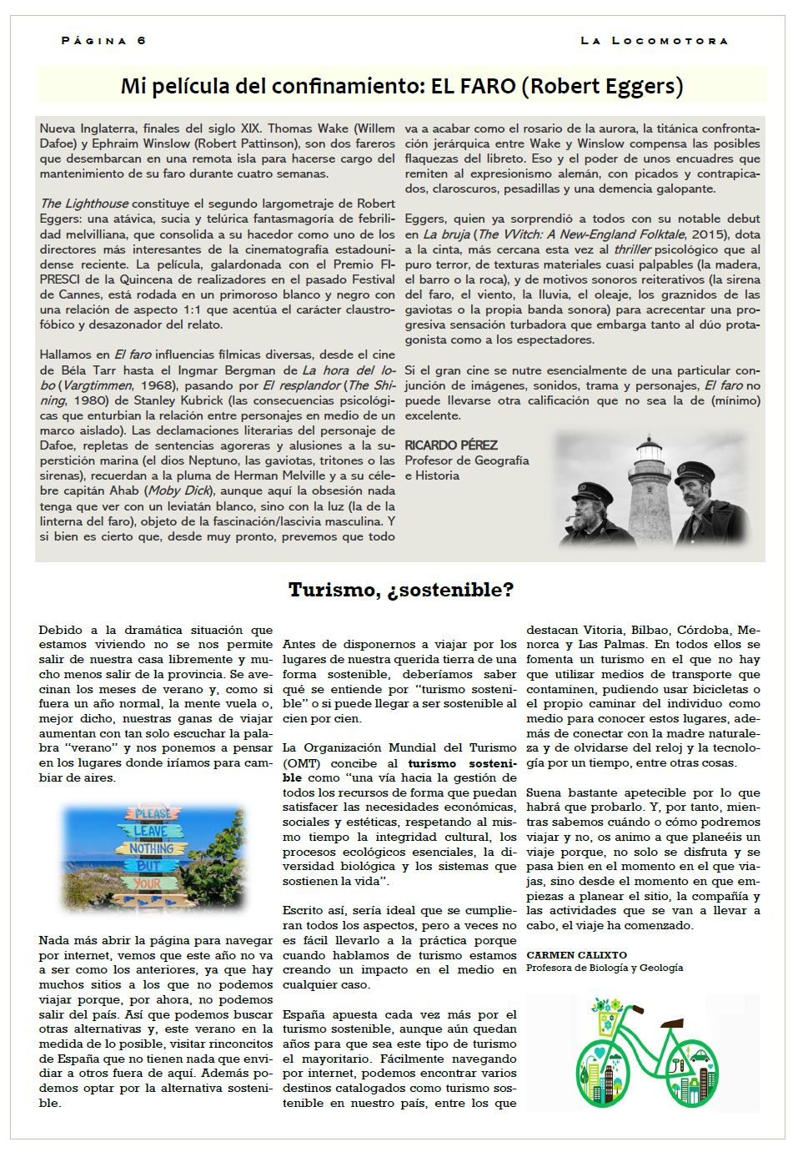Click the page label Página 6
click(103, 40)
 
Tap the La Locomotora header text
click(654, 40)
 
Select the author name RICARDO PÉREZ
click(450, 445)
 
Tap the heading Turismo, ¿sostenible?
click(400, 590)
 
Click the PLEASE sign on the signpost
click(153, 812)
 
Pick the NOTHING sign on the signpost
click(151, 848)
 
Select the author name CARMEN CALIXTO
click(576, 954)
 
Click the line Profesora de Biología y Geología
click(604, 968)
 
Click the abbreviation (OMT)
click(301, 763)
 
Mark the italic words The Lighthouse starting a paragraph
click(83, 204)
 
